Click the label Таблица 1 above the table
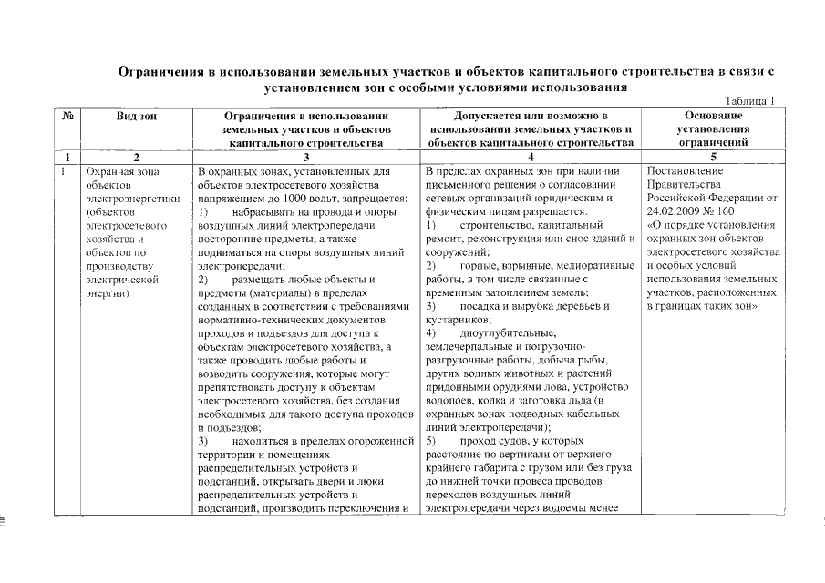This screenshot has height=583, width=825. click(749, 101)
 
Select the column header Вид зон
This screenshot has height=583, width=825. click(135, 117)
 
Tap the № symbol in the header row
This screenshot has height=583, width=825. click(67, 117)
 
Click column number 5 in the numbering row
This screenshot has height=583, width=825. click(712, 157)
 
